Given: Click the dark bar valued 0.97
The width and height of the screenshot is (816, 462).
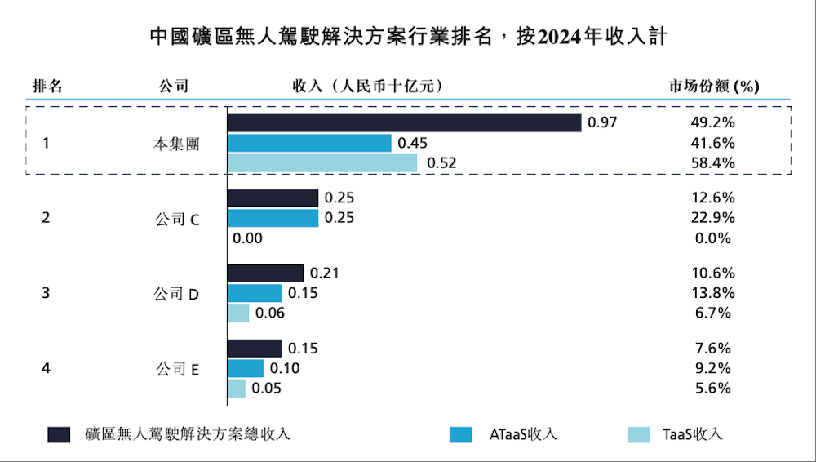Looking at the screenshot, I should pyautogui.click(x=404, y=122).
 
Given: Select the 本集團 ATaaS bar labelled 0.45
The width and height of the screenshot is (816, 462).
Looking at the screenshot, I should pyautogui.click(x=309, y=143).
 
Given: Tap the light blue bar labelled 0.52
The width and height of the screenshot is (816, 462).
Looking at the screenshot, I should pyautogui.click(x=322, y=163).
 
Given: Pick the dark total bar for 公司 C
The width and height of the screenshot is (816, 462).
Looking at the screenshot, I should pyautogui.click(x=273, y=198).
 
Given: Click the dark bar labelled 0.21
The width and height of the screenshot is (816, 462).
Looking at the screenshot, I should pyautogui.click(x=265, y=273).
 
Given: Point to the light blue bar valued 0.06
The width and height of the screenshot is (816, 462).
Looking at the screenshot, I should pyautogui.click(x=238, y=313).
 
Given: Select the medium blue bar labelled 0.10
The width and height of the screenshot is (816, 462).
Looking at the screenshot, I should pyautogui.click(x=246, y=368).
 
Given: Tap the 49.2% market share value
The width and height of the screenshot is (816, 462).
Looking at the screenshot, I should pyautogui.click(x=712, y=122).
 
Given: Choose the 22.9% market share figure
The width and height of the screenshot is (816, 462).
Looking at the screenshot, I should pyautogui.click(x=712, y=218).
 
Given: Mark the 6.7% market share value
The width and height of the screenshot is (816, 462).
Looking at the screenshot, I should pyautogui.click(x=712, y=313).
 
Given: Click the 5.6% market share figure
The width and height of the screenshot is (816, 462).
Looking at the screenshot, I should pyautogui.click(x=712, y=389).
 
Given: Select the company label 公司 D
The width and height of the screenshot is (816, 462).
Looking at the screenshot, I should pyautogui.click(x=176, y=294).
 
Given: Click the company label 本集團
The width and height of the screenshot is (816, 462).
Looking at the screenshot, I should pyautogui.click(x=176, y=144).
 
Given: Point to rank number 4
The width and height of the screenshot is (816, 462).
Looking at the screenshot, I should pyautogui.click(x=46, y=368).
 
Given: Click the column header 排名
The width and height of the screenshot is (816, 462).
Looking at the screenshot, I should pyautogui.click(x=47, y=86).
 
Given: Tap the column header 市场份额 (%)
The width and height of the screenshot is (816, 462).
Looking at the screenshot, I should pyautogui.click(x=713, y=86).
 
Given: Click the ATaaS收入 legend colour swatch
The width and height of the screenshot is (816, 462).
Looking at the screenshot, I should pyautogui.click(x=461, y=434).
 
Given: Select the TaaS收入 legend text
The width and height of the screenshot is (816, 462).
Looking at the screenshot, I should pyautogui.click(x=692, y=434).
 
